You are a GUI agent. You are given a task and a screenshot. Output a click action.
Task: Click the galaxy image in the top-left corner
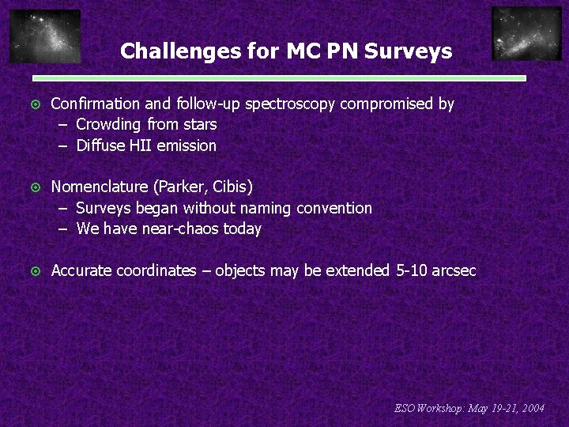pyautogui.click(x=45, y=36)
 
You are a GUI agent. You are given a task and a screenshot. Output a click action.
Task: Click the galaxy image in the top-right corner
pyautogui.click(x=526, y=34)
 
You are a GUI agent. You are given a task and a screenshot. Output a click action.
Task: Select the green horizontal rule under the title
pyautogui.click(x=279, y=79)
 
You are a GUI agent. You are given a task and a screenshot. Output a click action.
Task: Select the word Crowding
pyautogui.click(x=109, y=125)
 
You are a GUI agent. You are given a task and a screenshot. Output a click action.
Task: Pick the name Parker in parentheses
pyautogui.click(x=183, y=187)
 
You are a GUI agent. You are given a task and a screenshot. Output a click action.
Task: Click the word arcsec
pyautogui.click(x=454, y=271)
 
